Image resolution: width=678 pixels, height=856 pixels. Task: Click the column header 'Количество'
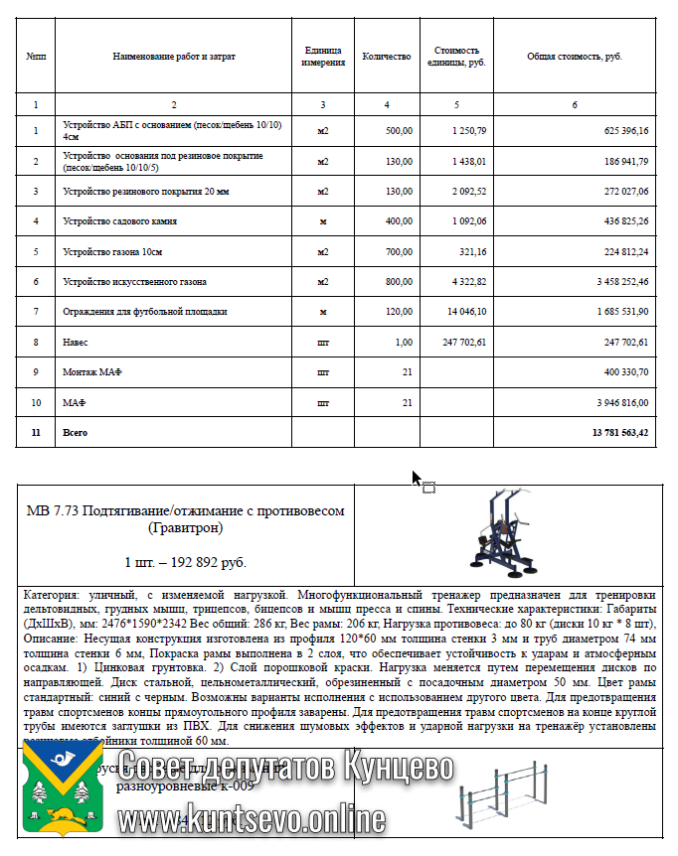[x=387, y=57]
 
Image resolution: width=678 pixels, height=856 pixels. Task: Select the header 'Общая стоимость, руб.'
[x=575, y=57]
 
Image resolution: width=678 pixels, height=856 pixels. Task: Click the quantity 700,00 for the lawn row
[x=399, y=251]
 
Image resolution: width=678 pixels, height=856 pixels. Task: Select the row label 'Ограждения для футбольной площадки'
[x=144, y=312]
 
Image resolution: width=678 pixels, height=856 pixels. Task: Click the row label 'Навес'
[x=75, y=342]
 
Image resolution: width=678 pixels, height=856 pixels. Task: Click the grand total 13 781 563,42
[x=618, y=433]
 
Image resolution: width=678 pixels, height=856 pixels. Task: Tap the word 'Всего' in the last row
[x=76, y=433]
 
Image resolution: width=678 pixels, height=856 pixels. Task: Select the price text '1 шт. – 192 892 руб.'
[x=185, y=563]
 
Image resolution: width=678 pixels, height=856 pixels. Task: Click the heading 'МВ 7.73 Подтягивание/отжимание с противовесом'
[x=185, y=510]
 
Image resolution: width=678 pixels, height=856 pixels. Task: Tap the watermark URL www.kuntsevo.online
[x=251, y=819]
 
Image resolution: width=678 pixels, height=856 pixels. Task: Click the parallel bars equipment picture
[x=503, y=794]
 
